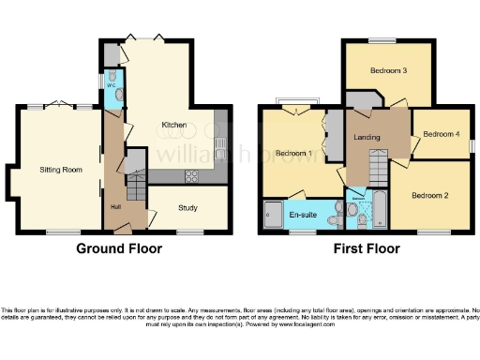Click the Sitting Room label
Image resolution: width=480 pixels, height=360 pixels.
tap(58, 171)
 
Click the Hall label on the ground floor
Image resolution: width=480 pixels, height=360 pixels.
tap(115, 205)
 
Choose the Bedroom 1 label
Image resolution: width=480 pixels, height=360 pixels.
tap(294, 153)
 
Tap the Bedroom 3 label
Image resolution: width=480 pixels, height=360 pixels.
tap(387, 70)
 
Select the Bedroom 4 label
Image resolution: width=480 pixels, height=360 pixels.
tap(442, 134)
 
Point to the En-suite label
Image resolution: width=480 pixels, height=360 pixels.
tap(303, 215)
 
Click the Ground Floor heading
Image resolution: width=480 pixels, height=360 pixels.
tap(119, 249)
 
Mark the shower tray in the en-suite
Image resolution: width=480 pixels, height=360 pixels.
tap(273, 215)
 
